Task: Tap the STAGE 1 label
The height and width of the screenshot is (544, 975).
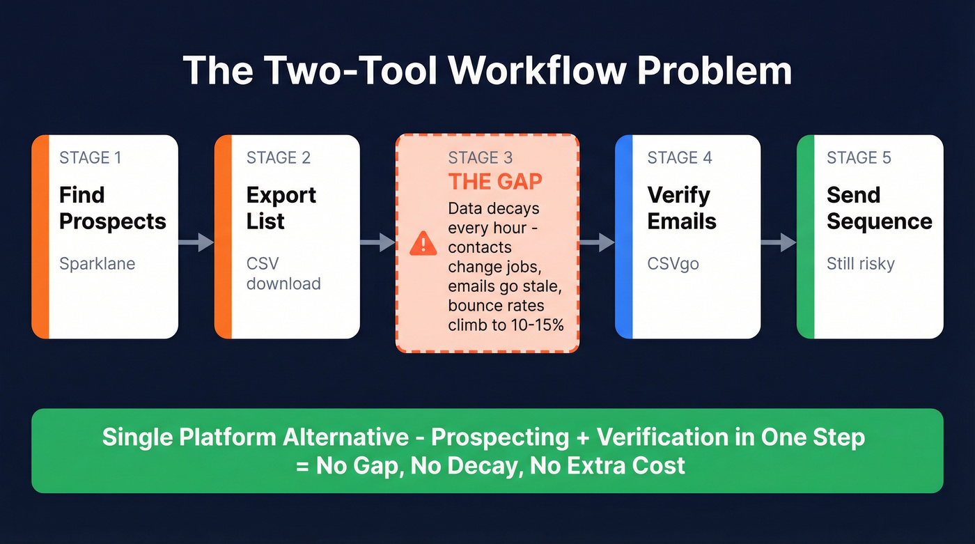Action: [x=90, y=157]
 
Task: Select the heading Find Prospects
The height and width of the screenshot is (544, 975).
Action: [x=112, y=208]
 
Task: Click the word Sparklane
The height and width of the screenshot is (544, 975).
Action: [x=97, y=264]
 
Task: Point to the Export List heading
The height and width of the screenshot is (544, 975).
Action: [x=281, y=208]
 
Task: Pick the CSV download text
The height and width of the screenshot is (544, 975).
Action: [x=283, y=274]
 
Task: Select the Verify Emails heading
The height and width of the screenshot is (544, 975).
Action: [x=681, y=208]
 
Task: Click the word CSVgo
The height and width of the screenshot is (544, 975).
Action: [x=673, y=264]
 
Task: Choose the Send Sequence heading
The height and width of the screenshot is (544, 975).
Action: [x=879, y=208]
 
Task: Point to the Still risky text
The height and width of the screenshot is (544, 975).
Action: [x=860, y=264]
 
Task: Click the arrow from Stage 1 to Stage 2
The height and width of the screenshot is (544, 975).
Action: [x=196, y=242]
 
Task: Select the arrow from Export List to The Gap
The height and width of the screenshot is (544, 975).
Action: [x=377, y=242]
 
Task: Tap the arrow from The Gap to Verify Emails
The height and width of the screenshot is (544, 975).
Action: [x=597, y=242]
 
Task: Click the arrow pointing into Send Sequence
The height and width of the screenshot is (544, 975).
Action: [x=779, y=242]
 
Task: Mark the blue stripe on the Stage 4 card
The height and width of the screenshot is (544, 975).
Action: [x=623, y=237]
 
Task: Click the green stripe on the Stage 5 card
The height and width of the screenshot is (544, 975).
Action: [x=805, y=237]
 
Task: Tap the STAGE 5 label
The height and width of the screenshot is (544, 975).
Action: [x=858, y=157]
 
